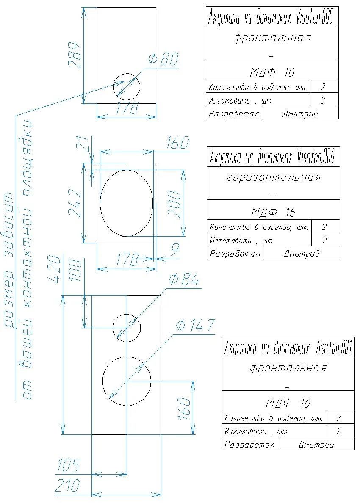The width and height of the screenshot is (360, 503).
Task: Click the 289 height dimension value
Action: [75, 55]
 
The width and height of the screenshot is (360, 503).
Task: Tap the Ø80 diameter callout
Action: [163, 59]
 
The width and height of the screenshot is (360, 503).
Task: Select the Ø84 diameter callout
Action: [184, 279]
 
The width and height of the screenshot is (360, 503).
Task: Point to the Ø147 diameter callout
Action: [195, 325]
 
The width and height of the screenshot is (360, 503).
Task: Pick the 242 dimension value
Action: [75, 203]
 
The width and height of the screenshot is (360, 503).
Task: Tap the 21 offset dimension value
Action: [83, 144]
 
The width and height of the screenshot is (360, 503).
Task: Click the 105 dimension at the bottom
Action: [68, 465]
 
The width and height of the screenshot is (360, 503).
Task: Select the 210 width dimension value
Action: [67, 485]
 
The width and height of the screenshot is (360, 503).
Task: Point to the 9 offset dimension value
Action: [175, 249]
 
